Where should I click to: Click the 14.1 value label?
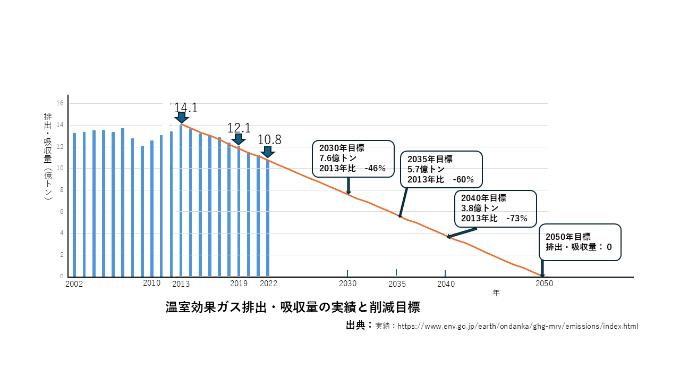(x=185, y=108)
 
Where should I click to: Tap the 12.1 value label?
(x=239, y=128)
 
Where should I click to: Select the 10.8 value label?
(x=269, y=140)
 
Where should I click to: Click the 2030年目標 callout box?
(x=353, y=159)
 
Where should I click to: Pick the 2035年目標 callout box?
(x=441, y=169)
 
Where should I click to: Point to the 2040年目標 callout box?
(x=495, y=208)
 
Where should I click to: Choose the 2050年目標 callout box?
(x=580, y=242)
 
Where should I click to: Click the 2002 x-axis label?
(x=74, y=284)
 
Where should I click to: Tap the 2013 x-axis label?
(x=181, y=284)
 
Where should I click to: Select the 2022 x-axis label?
(x=268, y=284)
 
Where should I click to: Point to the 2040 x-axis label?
(x=446, y=284)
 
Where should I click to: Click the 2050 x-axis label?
(x=544, y=284)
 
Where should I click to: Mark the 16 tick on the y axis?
(x=61, y=103)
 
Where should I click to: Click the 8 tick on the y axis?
(x=62, y=190)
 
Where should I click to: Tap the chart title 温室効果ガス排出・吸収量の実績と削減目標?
(x=293, y=307)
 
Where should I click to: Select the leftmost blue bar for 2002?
(x=74, y=205)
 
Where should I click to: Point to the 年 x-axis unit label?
(x=496, y=293)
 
